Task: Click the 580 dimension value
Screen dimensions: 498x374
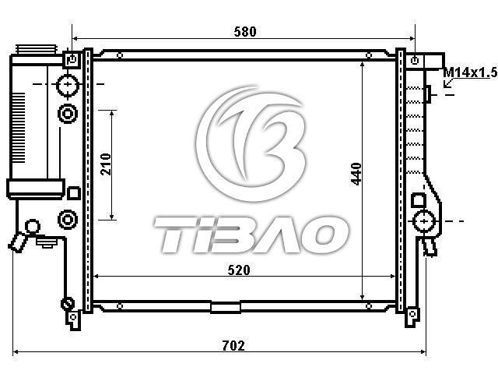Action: pyautogui.click(x=245, y=32)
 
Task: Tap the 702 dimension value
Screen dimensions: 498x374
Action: pyautogui.click(x=233, y=345)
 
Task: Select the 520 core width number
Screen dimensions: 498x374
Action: pyautogui.click(x=239, y=270)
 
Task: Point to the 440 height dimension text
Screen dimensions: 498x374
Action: pyautogui.click(x=356, y=174)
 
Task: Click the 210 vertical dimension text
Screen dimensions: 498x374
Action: pyautogui.click(x=106, y=164)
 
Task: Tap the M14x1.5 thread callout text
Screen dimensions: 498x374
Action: pyautogui.click(x=470, y=72)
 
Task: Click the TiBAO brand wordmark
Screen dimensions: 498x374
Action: pyautogui.click(x=251, y=235)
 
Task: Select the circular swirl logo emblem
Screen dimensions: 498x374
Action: pyautogui.click(x=251, y=143)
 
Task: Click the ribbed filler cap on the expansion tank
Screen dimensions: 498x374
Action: pyautogui.click(x=37, y=49)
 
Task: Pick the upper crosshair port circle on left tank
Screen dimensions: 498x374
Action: pyautogui.click(x=68, y=85)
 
